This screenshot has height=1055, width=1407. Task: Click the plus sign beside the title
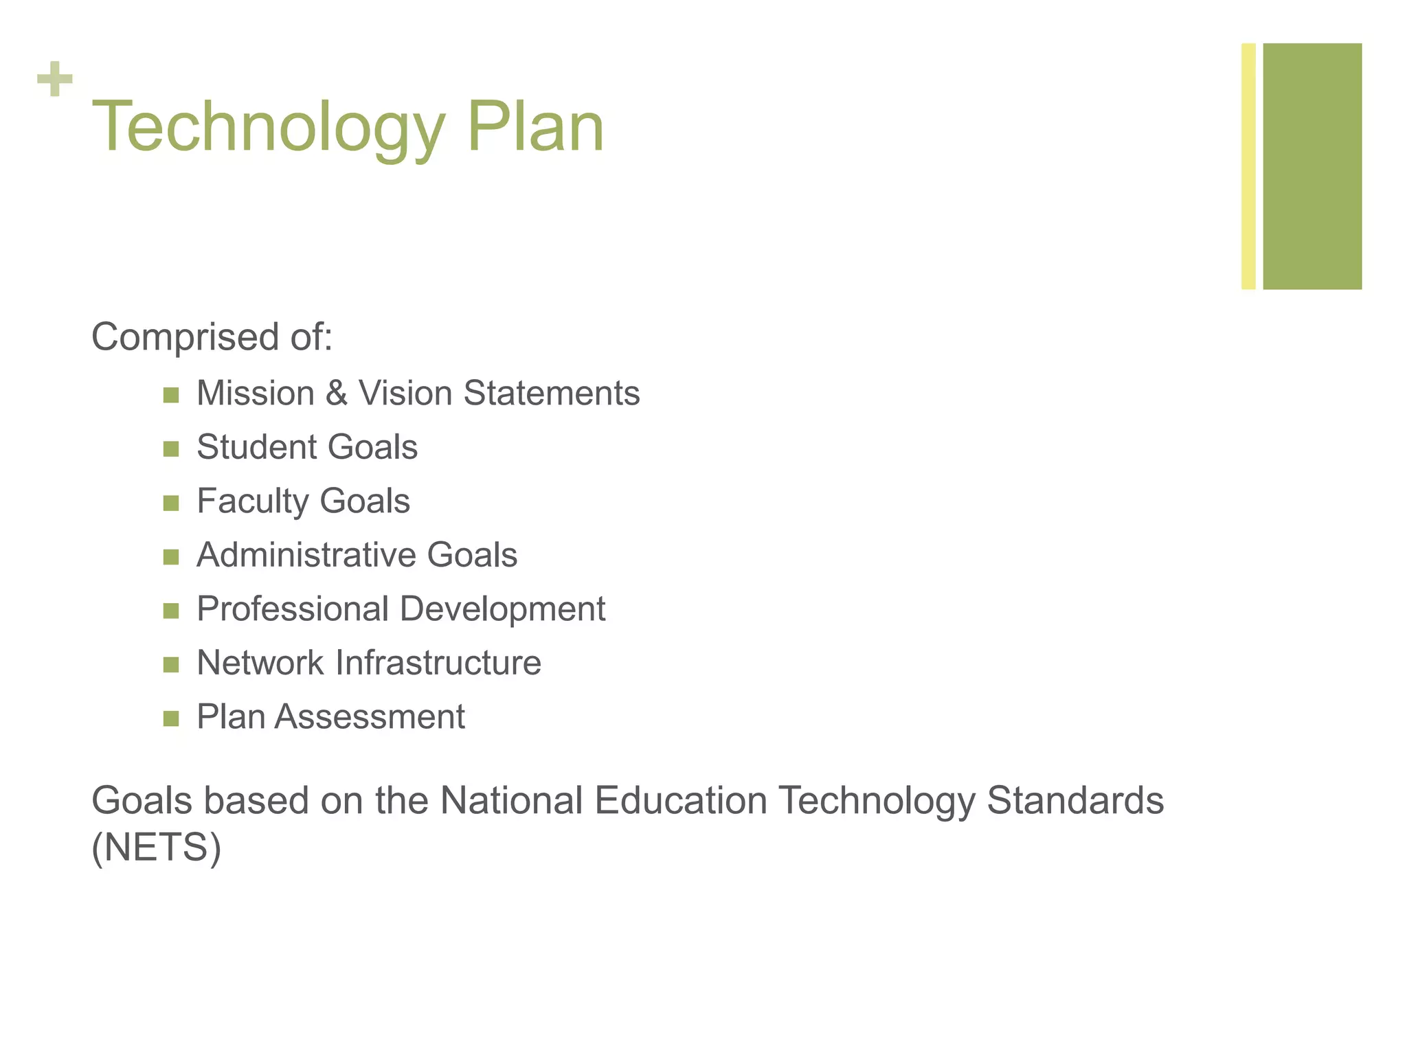pos(55,79)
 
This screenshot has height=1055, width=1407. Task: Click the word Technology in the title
pos(268,128)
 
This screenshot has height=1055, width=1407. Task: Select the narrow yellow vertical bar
pos(1248,166)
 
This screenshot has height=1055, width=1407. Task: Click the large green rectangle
pos(1312,166)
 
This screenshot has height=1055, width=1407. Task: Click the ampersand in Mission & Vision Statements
pos(337,394)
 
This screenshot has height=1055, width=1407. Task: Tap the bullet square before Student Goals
pos(171,449)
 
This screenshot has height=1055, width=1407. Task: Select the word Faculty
pos(252,501)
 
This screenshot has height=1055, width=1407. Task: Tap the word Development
pos(502,609)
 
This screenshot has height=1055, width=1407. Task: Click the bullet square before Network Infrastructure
pos(171,665)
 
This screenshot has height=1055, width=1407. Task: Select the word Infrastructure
pos(438,663)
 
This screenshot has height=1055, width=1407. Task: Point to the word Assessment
pos(370,717)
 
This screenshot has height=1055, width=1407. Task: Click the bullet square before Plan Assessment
pos(171,719)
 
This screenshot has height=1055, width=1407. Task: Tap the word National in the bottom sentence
pos(511,801)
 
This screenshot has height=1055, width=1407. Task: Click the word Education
pos(680,801)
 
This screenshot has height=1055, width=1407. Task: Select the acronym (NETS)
pos(157,848)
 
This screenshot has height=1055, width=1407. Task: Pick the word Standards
pos(1075,801)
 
